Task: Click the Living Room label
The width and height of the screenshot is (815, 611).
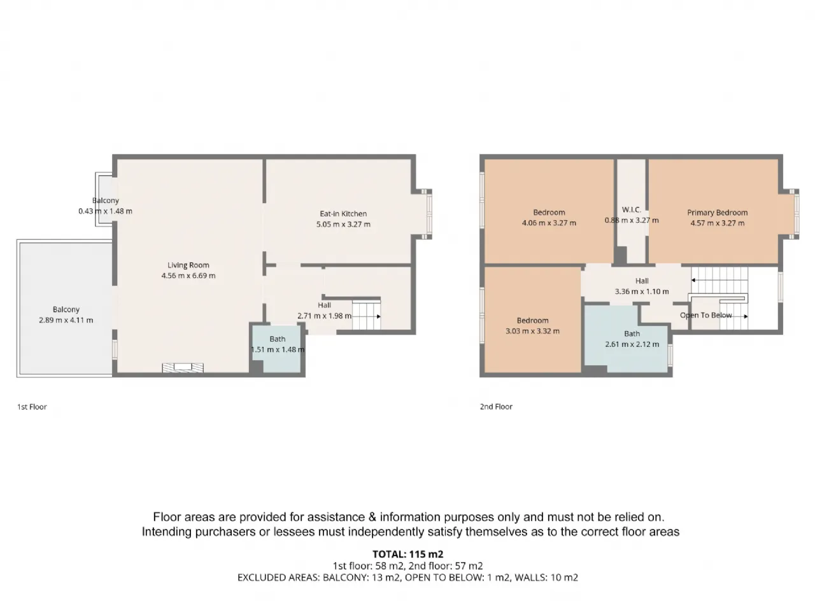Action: (188, 265)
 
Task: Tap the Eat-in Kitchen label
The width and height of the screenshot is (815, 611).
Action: (343, 214)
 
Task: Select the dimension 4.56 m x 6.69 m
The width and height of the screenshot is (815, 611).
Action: (188, 276)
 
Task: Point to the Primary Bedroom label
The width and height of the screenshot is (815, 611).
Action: (718, 213)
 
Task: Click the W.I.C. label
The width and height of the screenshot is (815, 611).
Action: (631, 209)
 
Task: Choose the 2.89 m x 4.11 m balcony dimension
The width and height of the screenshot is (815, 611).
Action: (66, 320)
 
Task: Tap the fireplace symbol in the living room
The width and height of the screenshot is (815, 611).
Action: (183, 368)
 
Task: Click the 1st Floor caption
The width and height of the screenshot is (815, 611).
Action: (32, 407)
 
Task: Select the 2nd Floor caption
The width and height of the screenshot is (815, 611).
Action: (496, 407)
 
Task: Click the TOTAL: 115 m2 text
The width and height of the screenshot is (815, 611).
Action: (407, 554)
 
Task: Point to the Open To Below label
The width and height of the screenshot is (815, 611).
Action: (706, 315)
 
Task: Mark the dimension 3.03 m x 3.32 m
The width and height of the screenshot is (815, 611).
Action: (532, 331)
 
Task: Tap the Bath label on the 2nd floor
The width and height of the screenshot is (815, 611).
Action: (632, 334)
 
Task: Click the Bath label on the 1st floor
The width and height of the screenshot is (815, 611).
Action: (278, 339)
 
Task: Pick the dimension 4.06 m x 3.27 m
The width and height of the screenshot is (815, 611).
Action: (549, 223)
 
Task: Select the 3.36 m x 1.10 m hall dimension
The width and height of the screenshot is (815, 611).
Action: (642, 291)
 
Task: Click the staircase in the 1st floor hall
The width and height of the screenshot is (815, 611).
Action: (366, 315)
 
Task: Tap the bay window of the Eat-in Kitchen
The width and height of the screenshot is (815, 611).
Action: (427, 214)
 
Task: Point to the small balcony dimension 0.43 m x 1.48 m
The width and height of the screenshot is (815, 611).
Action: (105, 211)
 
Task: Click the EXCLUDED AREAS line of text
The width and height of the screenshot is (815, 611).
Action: (407, 577)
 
